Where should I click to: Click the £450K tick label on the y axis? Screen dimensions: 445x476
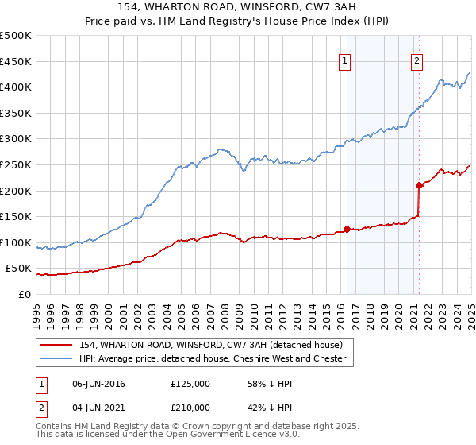tap(16, 61)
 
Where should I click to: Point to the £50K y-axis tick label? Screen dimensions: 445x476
tap(18, 269)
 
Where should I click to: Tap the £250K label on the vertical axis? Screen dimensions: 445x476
tap(16, 164)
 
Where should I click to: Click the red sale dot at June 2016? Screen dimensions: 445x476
tap(347, 230)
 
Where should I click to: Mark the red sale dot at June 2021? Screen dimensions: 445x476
tap(419, 185)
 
